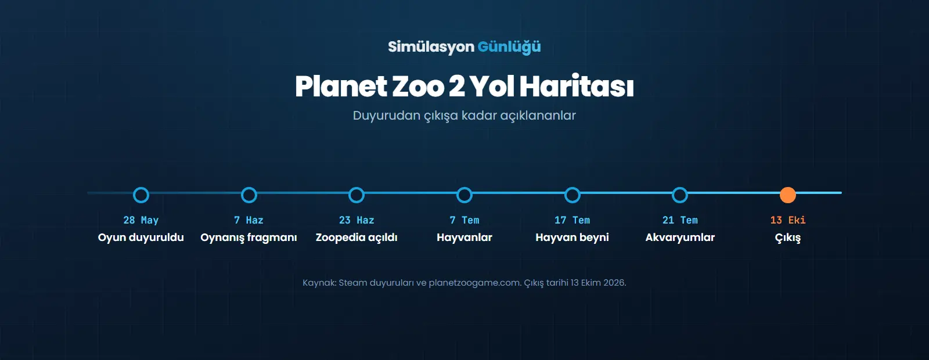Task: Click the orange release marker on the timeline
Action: (787, 195)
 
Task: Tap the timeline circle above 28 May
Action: (141, 188)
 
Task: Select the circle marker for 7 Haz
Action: (249, 188)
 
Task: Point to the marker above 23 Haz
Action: (357, 188)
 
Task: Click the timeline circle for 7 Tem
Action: (464, 188)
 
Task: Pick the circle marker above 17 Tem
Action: (572, 188)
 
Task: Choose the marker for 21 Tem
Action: (680, 188)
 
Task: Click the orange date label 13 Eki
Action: (787, 220)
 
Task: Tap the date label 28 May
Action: (141, 220)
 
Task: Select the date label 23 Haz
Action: (357, 220)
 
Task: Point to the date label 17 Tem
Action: (572, 220)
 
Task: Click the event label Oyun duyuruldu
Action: (141, 237)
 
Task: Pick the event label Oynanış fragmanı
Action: (249, 238)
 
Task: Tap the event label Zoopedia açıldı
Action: (357, 238)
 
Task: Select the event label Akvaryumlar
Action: (680, 237)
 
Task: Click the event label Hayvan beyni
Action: (572, 237)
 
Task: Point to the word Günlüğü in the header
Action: (509, 47)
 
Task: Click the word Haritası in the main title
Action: (577, 87)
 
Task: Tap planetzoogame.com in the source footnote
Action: (474, 283)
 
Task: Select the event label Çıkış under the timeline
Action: (787, 238)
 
